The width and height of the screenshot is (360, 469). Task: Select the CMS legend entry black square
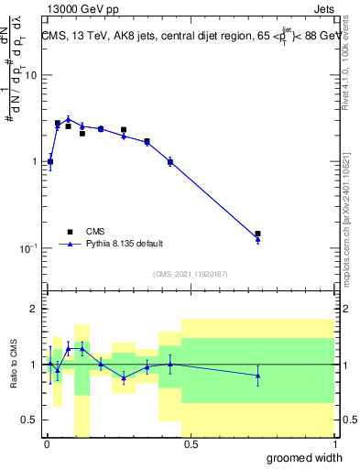tap(69, 232)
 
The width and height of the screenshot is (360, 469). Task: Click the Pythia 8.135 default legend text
tap(125, 244)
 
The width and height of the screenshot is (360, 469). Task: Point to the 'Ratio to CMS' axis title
tap(14, 365)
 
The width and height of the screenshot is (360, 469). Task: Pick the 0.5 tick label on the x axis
tap(190, 444)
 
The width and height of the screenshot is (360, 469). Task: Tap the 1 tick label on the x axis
tap(334, 444)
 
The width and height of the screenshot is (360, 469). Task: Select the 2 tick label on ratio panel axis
tap(34, 310)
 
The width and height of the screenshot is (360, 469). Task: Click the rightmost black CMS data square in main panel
tap(258, 234)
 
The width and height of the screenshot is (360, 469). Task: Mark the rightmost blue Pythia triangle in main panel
tap(258, 239)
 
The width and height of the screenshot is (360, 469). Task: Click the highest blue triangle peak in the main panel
tap(68, 118)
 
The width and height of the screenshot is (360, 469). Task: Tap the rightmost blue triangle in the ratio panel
tap(258, 376)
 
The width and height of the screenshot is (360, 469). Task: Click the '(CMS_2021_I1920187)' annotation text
tap(190, 273)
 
